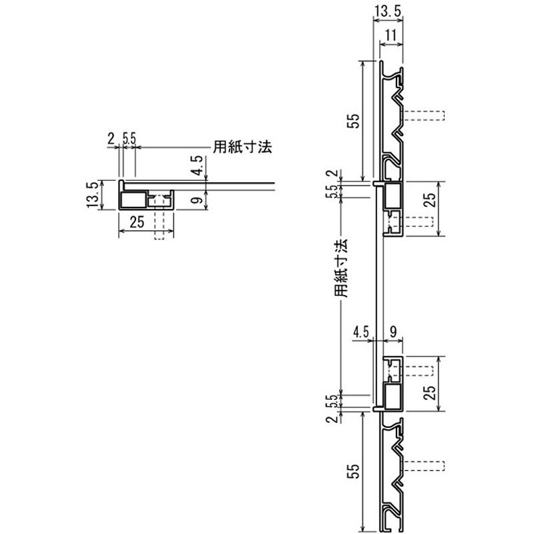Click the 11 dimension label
[x=392, y=35]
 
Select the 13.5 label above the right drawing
[x=388, y=11]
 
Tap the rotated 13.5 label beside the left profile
[x=93, y=194]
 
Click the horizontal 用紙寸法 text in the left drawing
[x=242, y=147]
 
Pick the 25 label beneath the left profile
[x=137, y=222]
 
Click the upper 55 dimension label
[x=354, y=121]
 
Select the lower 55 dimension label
[x=354, y=471]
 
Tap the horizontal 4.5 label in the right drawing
[x=361, y=332]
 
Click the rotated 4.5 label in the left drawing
[x=197, y=166]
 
